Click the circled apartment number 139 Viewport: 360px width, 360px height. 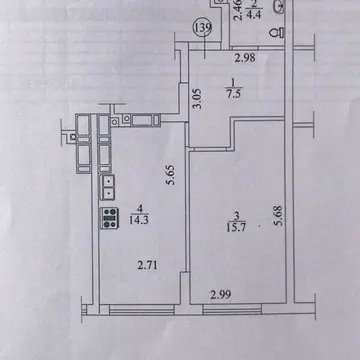click(203, 29)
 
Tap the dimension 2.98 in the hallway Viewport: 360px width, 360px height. click(245, 58)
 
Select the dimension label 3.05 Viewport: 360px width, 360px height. click(198, 99)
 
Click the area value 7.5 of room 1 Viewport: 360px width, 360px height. click(233, 94)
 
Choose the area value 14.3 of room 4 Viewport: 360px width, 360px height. click(140, 220)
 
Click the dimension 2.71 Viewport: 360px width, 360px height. click(148, 266)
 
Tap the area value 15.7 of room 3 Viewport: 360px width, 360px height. click(236, 227)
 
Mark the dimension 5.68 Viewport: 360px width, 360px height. click(278, 216)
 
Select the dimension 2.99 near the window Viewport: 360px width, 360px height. click(220, 295)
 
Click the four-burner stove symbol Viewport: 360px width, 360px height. click(110, 218)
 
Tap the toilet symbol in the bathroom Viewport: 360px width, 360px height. click(277, 32)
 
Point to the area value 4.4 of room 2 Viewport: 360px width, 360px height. click(255, 15)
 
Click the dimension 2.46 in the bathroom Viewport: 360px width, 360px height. click(238, 11)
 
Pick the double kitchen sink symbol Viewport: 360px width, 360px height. click(108, 187)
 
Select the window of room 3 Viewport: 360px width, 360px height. click(232, 310)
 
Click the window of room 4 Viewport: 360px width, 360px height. click(142, 310)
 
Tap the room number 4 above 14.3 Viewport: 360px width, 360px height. click(140, 209)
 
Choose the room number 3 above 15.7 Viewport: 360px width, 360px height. click(236, 216)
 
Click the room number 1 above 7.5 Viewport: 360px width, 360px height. click(234, 82)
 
